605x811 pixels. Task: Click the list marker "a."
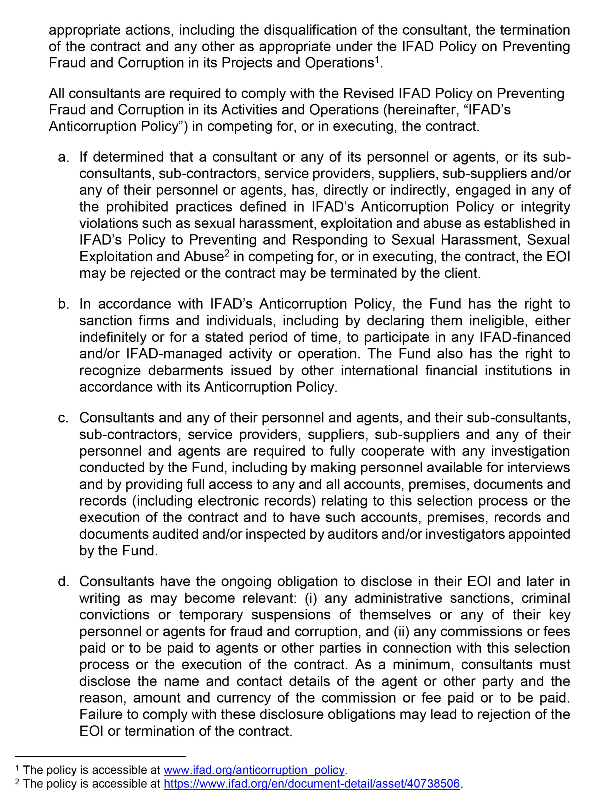tap(63, 157)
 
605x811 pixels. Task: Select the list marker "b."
tap(63, 304)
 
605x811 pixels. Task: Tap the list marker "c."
tap(63, 418)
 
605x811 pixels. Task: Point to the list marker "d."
tap(63, 582)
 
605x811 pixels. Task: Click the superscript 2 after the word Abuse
tap(227, 253)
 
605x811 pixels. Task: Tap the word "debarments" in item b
tap(186, 371)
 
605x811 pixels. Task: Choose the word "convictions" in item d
tap(114, 615)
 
